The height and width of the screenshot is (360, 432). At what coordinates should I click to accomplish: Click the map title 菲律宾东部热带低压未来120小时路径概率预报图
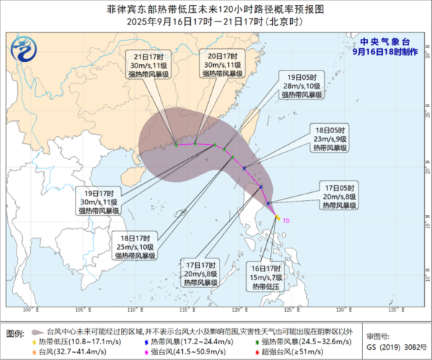click(216, 10)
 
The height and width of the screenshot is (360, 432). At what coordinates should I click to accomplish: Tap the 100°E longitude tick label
click(30, 310)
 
